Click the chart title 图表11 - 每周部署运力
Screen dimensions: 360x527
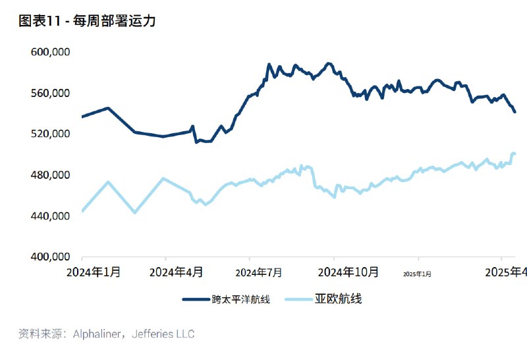(87, 21)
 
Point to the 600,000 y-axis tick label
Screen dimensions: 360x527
(51, 52)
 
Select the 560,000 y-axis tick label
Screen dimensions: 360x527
(51, 93)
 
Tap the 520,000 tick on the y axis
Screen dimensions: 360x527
(51, 134)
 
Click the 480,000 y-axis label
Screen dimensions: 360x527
(51, 175)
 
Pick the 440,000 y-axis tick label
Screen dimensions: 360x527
(51, 216)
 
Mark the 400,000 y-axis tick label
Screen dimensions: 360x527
(51, 256)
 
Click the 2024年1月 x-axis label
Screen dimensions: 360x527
(95, 272)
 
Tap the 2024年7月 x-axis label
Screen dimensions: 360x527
(259, 272)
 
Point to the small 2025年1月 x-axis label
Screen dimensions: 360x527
(417, 274)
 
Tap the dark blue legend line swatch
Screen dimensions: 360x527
(196, 299)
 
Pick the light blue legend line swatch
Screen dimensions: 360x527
(298, 299)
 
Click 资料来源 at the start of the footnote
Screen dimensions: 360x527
(38, 334)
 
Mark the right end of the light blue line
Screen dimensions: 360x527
(514, 154)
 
